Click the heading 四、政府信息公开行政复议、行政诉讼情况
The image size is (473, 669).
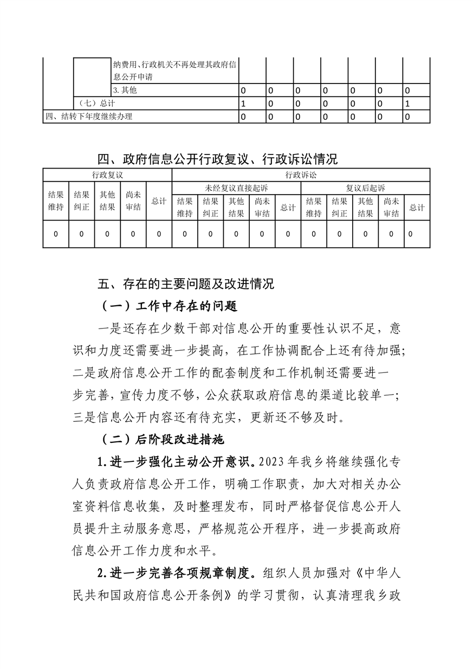(x=217, y=159)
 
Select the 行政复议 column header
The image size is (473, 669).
(x=107, y=175)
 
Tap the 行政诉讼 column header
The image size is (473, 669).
(x=301, y=175)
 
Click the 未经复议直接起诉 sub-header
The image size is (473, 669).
(x=236, y=188)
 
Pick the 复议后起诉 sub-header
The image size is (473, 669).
(x=365, y=188)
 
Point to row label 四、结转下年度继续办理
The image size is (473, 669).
(x=89, y=116)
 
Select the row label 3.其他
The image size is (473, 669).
(x=125, y=90)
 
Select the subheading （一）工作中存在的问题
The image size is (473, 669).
(x=169, y=306)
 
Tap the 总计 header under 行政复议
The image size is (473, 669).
(x=159, y=201)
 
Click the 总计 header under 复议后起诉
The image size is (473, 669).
(x=417, y=207)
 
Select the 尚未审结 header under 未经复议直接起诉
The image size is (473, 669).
(x=262, y=207)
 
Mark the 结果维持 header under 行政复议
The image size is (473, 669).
(x=56, y=201)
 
